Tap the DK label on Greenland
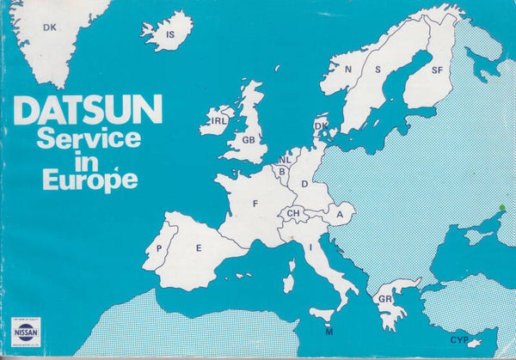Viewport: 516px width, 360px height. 50,27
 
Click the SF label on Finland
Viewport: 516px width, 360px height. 438,69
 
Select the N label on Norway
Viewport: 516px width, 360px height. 347,70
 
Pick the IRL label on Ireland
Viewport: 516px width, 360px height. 218,121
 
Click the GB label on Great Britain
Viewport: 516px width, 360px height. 249,139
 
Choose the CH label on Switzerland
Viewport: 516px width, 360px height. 294,213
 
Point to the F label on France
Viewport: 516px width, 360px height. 255,204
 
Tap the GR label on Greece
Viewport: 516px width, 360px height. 385,300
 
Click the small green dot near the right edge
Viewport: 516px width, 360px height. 502,207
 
